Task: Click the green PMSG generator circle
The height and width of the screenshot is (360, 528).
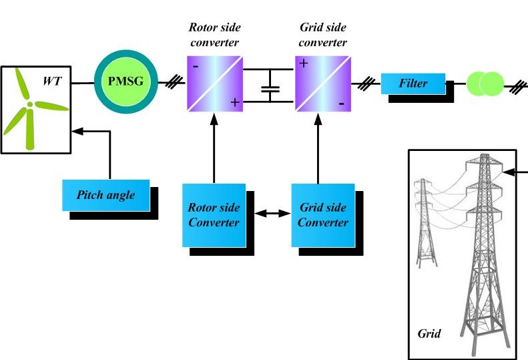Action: tap(125, 83)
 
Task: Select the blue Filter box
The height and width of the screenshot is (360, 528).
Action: tap(413, 83)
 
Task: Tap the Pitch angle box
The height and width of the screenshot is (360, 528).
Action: tap(105, 195)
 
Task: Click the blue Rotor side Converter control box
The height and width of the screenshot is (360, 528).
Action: tap(214, 215)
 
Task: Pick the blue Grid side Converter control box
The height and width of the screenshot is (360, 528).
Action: tap(323, 215)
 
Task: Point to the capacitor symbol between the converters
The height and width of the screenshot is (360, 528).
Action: tap(270, 89)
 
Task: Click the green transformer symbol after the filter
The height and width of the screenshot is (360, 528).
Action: tap(485, 83)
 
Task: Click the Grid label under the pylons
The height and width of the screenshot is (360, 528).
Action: tap(429, 333)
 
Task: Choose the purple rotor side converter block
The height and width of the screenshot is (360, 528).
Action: tap(214, 83)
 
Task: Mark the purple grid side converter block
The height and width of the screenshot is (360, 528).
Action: tap(322, 83)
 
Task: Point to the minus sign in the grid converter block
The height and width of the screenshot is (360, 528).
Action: tap(340, 104)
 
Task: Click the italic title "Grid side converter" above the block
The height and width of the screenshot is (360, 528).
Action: tap(323, 36)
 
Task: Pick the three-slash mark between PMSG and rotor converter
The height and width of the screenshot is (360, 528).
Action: tap(175, 83)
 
